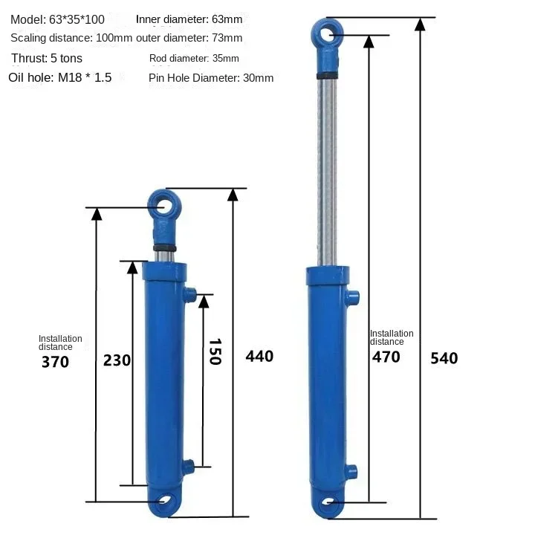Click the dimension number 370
click(55, 362)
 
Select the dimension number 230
click(117, 360)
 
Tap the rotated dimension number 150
click(215, 351)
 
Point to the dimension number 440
click(259, 357)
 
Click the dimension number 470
click(386, 357)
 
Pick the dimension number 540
click(444, 359)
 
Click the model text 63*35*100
click(77, 20)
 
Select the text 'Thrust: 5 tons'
click(47, 59)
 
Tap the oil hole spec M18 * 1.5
click(85, 78)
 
